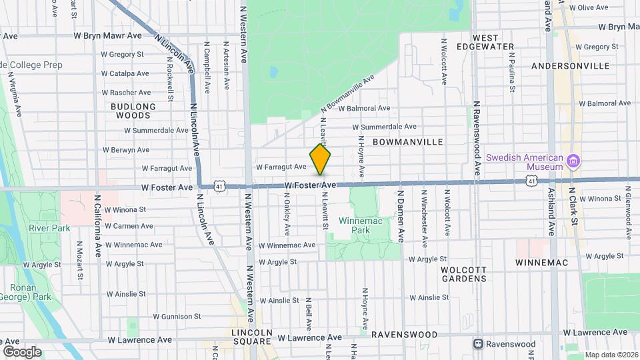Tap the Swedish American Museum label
523,162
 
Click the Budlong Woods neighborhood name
133,111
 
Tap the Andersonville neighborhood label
571,66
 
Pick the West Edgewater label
494,42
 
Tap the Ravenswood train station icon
478,344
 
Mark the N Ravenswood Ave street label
477,138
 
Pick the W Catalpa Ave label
125,73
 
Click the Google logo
22,351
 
